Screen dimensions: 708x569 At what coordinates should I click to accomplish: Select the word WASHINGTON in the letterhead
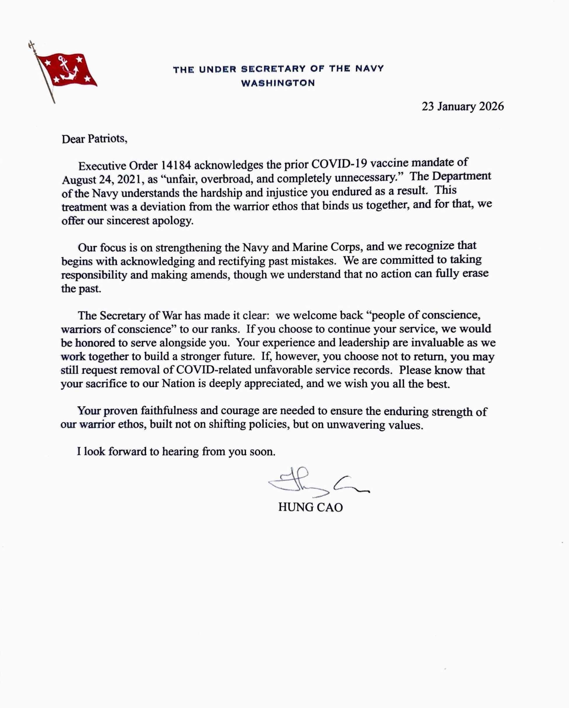[x=278, y=83]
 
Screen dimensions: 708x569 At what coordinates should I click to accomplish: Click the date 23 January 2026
[x=463, y=107]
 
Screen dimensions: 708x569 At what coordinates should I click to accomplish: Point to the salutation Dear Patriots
[x=94, y=139]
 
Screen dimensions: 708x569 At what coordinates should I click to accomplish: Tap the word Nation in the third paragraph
[x=178, y=383]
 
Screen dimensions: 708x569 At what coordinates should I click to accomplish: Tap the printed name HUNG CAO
[x=310, y=507]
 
